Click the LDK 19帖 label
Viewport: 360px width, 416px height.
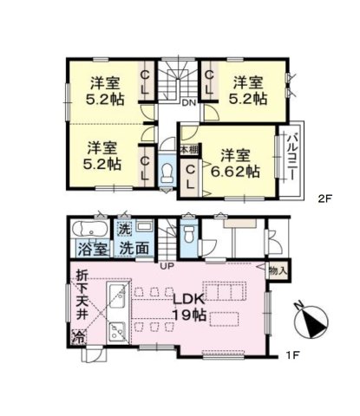tap(189, 308)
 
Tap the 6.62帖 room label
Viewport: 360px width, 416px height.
tap(235, 164)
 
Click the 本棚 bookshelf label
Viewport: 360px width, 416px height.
tap(190, 150)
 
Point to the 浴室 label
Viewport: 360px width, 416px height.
tap(93, 249)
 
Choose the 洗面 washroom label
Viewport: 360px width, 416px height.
tap(134, 248)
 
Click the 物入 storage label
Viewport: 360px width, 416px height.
tap(278, 271)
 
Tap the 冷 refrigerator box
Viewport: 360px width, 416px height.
tap(79, 337)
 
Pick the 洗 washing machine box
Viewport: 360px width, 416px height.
tap(125, 230)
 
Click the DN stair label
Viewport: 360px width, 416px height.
tap(189, 102)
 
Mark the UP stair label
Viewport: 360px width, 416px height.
tap(167, 266)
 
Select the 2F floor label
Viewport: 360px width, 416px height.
tap(324, 199)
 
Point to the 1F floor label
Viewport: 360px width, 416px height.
tap(292, 355)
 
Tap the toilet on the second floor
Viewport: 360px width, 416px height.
tap(167, 173)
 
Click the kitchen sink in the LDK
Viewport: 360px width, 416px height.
tap(117, 296)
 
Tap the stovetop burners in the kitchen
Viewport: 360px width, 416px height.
tap(117, 332)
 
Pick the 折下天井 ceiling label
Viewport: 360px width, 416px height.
tap(82, 296)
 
